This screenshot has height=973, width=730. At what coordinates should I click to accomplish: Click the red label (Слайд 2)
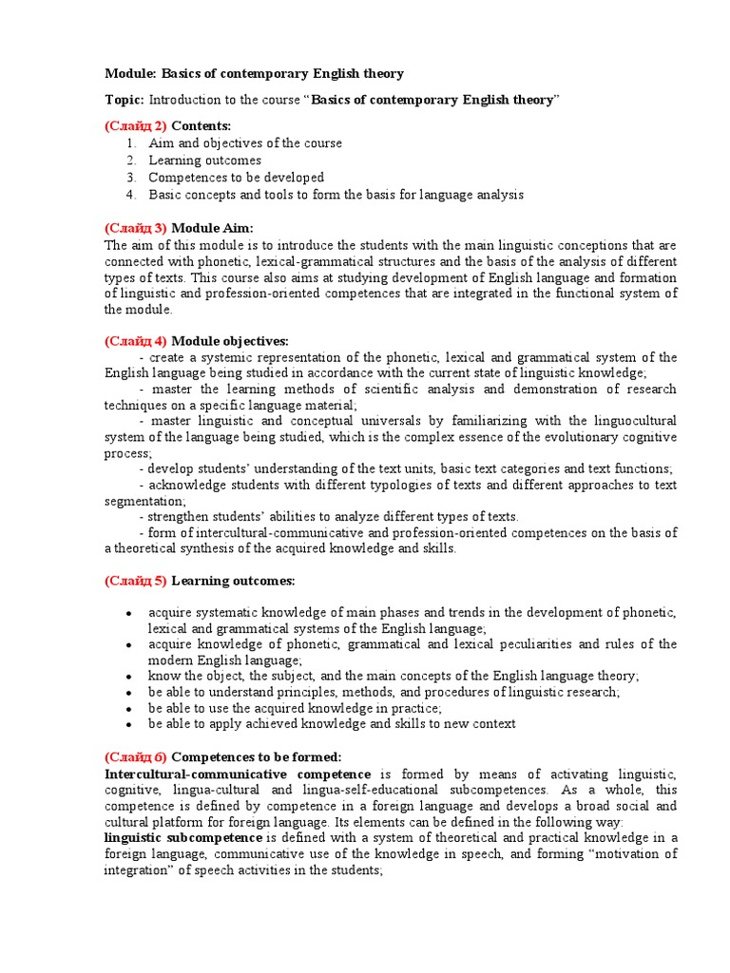[x=135, y=125]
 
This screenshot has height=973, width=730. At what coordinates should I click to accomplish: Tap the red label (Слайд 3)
[x=135, y=228]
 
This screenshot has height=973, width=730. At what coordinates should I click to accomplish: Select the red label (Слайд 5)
[x=135, y=581]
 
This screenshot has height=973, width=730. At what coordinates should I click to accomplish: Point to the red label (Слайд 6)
[x=135, y=756]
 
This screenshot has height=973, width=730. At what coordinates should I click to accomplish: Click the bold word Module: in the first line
[x=130, y=73]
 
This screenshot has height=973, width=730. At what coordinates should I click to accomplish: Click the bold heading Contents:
[x=201, y=125]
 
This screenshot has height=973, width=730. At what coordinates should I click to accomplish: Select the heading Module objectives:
[x=229, y=340]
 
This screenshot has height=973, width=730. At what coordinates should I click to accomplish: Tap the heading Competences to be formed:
[x=256, y=756]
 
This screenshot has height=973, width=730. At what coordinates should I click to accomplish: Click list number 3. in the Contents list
[x=130, y=178]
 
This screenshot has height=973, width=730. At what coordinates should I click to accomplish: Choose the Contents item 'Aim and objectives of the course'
[x=245, y=143]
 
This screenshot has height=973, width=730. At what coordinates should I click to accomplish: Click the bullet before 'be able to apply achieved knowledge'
[x=128, y=725]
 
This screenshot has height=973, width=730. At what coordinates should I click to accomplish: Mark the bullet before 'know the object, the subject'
[x=128, y=677]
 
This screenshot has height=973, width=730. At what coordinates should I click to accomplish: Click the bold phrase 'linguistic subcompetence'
[x=183, y=837]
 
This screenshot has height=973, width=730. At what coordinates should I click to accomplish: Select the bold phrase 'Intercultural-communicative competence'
[x=238, y=774]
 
